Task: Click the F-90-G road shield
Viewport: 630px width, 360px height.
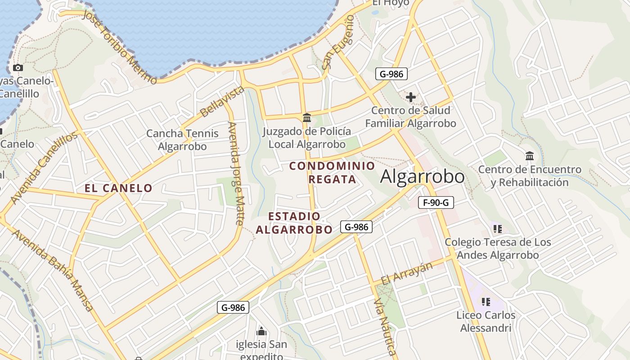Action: pos(435,202)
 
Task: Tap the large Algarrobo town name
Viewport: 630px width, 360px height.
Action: pos(422,177)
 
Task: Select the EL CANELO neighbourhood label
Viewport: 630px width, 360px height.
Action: pos(119,188)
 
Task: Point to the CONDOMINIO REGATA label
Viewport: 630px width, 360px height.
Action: pos(332,172)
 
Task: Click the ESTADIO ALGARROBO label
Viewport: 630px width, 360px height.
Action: pos(294,223)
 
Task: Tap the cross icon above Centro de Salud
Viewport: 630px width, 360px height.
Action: pos(410,97)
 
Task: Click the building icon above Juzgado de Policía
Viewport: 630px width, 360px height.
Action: pos(307,118)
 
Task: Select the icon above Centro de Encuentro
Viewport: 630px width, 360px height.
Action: pos(530,156)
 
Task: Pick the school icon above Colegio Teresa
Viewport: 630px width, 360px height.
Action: pos(497,229)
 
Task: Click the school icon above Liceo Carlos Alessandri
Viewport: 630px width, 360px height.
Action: pos(486,301)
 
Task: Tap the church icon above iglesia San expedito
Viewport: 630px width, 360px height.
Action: pos(261,332)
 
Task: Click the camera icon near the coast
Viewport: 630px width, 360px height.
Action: pos(18,68)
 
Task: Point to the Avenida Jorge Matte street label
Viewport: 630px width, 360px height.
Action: pos(236,173)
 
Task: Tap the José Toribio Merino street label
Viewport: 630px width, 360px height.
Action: pos(120,47)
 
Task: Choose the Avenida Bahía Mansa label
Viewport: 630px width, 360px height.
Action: pos(53,270)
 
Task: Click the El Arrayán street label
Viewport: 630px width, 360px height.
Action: pos(406,273)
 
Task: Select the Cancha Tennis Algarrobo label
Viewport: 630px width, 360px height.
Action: pos(182,140)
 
